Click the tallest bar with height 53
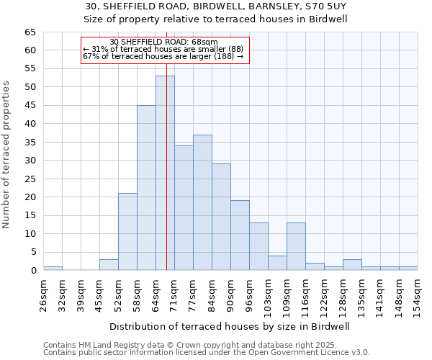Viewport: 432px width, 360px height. tap(165, 173)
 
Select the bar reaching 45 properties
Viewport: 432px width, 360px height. tap(146, 187)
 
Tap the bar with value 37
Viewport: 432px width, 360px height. tap(202, 202)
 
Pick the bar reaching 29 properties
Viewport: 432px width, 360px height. tap(221, 217)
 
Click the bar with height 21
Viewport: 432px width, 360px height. tap(127, 232)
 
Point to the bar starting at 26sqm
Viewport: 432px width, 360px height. tap(53, 269)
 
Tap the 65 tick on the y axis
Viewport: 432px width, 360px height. tap(30, 32)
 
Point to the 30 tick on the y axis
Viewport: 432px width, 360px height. tap(30, 161)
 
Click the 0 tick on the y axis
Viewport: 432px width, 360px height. tap(32, 271)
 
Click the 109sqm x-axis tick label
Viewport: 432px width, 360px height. tap(287, 294)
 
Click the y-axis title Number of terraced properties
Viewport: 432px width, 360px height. tap(6, 155)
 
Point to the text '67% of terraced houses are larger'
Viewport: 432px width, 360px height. tap(163, 56)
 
